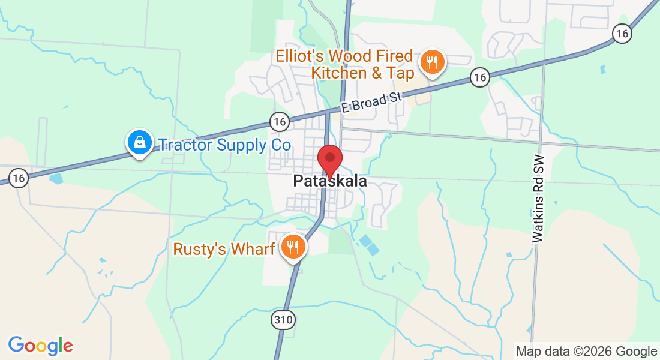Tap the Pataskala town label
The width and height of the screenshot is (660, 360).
coord(330,181)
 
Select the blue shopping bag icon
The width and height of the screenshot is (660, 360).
coord(139,143)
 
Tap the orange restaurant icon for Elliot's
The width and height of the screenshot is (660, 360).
coord(431,62)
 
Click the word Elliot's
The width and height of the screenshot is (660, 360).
coord(303,56)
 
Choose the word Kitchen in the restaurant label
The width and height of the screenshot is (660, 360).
coord(338,73)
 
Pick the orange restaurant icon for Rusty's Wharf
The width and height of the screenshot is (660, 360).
coord(293,247)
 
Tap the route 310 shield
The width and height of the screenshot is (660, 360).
coord(283,319)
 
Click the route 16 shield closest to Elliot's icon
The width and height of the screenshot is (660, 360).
coord(479,76)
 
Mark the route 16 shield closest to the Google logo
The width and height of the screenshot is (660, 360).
coord(19,178)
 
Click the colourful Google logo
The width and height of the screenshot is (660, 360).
coord(40,346)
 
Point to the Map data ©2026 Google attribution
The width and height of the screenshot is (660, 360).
coord(587,352)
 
